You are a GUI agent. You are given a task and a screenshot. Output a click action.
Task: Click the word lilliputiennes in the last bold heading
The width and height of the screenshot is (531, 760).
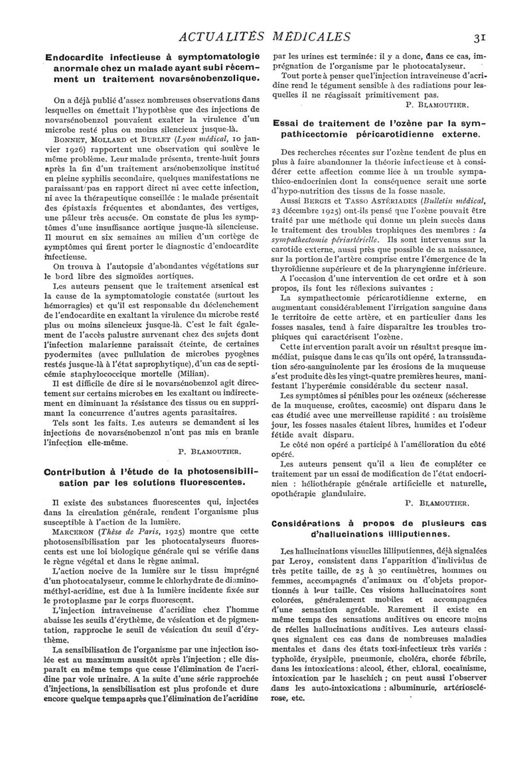(x=416, y=534)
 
